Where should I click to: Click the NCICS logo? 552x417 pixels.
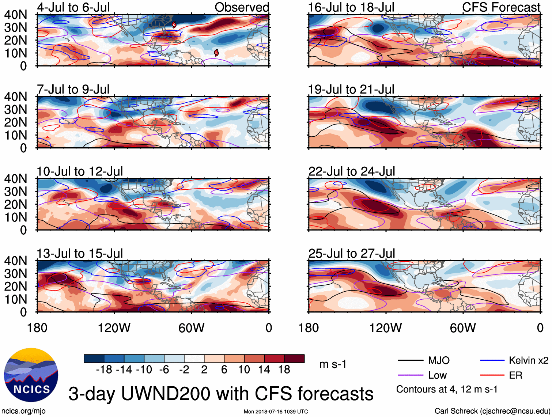(x=31, y=375)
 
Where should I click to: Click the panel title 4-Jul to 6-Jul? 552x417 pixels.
(x=73, y=7)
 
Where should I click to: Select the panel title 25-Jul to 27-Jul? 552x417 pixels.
(x=351, y=253)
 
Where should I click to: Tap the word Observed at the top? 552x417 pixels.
(x=242, y=7)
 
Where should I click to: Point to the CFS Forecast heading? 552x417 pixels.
(x=501, y=7)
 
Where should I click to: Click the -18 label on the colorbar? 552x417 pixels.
(x=104, y=370)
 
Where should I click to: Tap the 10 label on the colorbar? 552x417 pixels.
(x=244, y=370)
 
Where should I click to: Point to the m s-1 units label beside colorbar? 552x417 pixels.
(x=333, y=364)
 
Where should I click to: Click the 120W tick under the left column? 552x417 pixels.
(x=114, y=328)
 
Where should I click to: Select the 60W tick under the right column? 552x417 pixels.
(x=463, y=328)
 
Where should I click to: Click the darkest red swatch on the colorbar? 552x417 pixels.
(x=294, y=359)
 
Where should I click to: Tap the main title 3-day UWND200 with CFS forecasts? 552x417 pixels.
(x=221, y=394)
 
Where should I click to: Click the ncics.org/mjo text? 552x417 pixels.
(x=24, y=411)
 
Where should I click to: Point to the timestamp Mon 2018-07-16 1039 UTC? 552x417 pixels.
(x=276, y=412)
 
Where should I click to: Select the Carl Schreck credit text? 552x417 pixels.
(x=492, y=411)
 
